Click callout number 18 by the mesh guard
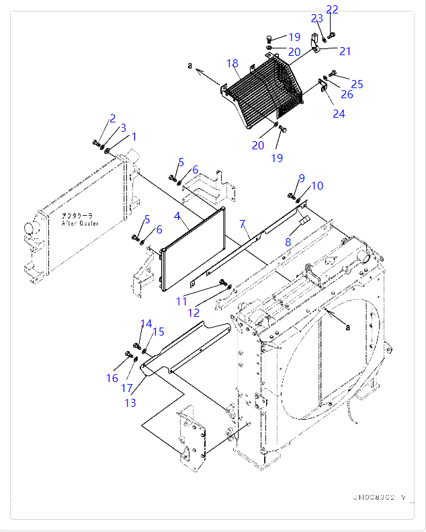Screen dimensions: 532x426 [232, 64]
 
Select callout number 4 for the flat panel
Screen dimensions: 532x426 [177, 216]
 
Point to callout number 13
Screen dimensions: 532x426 [130, 402]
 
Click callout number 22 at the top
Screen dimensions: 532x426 [333, 9]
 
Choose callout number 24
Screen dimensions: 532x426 [339, 114]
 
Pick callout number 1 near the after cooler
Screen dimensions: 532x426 [134, 137]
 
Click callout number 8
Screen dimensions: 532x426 [288, 241]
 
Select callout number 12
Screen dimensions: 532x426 [194, 312]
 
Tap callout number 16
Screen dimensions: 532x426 [112, 378]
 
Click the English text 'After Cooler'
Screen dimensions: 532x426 [80, 223]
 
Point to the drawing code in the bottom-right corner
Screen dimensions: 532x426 [380, 498]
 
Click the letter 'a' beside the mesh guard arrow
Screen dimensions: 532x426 [190, 65]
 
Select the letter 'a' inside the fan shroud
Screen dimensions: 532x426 [347, 327]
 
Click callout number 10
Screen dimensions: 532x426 [317, 186]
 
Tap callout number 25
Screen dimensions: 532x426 [357, 84]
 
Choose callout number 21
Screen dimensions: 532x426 [345, 51]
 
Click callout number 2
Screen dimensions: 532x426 [112, 118]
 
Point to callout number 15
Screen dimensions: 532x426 [159, 332]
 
